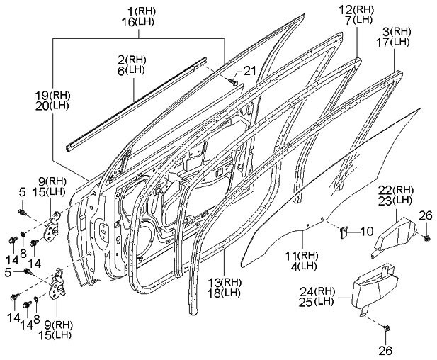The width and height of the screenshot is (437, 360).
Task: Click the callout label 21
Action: point(248,69)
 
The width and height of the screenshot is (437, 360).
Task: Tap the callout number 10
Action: point(366,231)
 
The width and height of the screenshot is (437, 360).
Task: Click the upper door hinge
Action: point(52,226)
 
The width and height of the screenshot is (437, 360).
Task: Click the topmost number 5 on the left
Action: point(22,191)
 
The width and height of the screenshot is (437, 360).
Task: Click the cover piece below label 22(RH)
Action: point(392,230)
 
